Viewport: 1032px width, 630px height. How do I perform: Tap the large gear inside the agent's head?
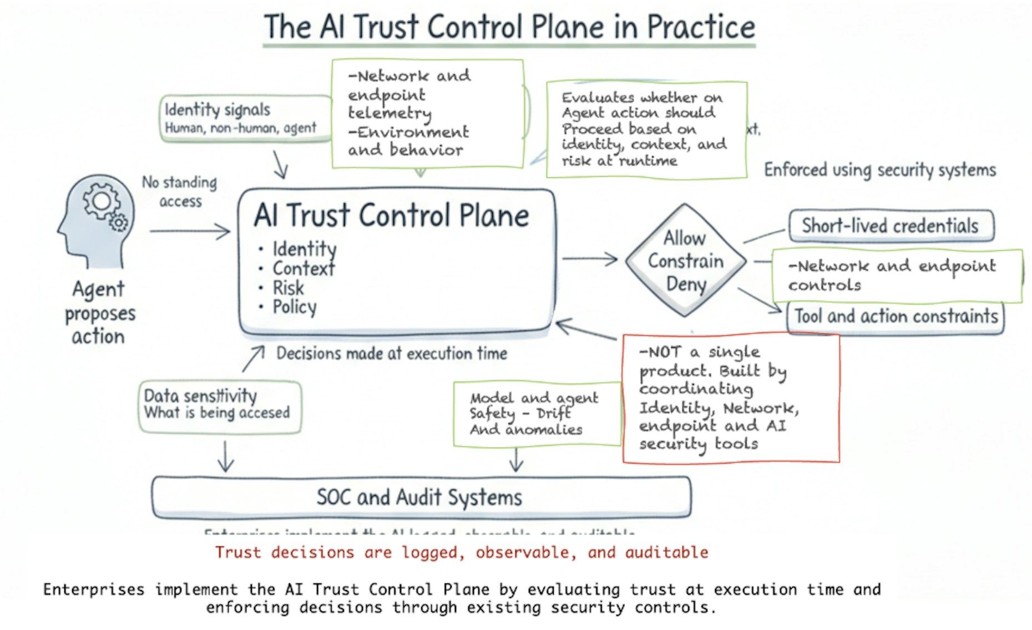(x=101, y=201)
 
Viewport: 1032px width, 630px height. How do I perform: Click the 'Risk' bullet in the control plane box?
(x=288, y=288)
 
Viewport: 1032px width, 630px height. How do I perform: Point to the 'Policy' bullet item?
(x=294, y=307)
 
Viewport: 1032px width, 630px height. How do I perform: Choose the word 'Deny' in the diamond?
(x=686, y=284)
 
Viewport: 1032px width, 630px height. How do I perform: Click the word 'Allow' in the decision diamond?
(x=685, y=238)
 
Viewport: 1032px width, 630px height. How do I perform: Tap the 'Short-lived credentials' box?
(x=891, y=226)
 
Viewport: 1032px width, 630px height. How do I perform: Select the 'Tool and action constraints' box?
(x=896, y=317)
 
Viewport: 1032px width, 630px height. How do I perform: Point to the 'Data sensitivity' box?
(x=219, y=406)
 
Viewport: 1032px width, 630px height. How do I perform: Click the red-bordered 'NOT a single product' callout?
(x=730, y=398)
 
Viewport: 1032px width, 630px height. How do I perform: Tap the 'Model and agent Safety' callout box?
(x=536, y=414)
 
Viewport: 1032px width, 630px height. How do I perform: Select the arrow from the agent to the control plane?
(x=190, y=231)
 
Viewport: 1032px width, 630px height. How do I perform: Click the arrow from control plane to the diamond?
(x=590, y=258)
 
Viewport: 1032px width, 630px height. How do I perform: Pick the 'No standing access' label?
(x=180, y=191)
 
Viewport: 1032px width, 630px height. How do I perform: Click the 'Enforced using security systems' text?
(x=880, y=170)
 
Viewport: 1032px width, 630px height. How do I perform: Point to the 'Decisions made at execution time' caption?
(x=392, y=353)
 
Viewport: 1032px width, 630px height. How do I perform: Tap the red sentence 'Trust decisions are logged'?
(x=462, y=552)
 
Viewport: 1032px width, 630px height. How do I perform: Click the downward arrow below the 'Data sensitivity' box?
(x=225, y=456)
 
